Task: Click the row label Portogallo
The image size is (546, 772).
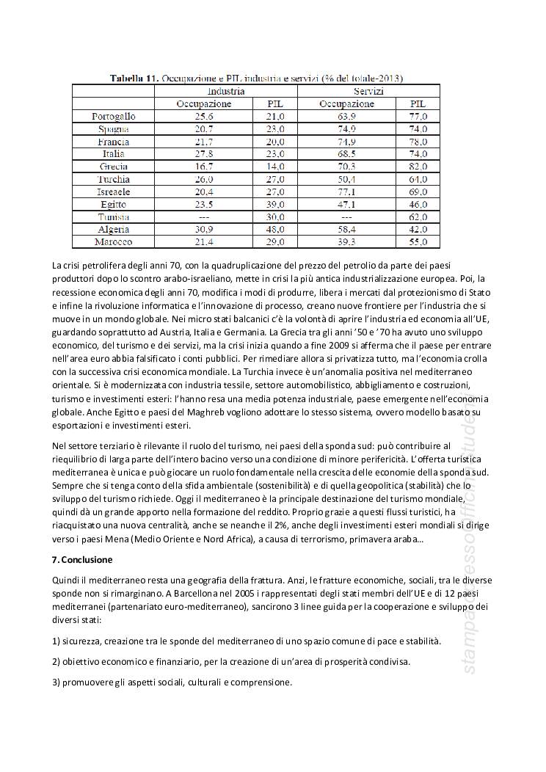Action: click(113, 116)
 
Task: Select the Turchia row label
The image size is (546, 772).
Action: click(113, 179)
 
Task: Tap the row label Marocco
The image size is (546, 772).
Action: click(113, 242)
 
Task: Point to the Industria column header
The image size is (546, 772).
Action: click(226, 91)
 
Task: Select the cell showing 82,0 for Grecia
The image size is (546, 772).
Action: click(418, 167)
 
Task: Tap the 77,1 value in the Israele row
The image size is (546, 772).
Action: click(346, 192)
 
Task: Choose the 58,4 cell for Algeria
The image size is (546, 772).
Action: click(346, 230)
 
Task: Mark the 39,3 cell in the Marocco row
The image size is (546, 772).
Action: click(346, 242)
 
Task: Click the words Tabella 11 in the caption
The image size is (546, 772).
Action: click(134, 77)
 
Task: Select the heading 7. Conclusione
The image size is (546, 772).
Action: click(82, 559)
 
